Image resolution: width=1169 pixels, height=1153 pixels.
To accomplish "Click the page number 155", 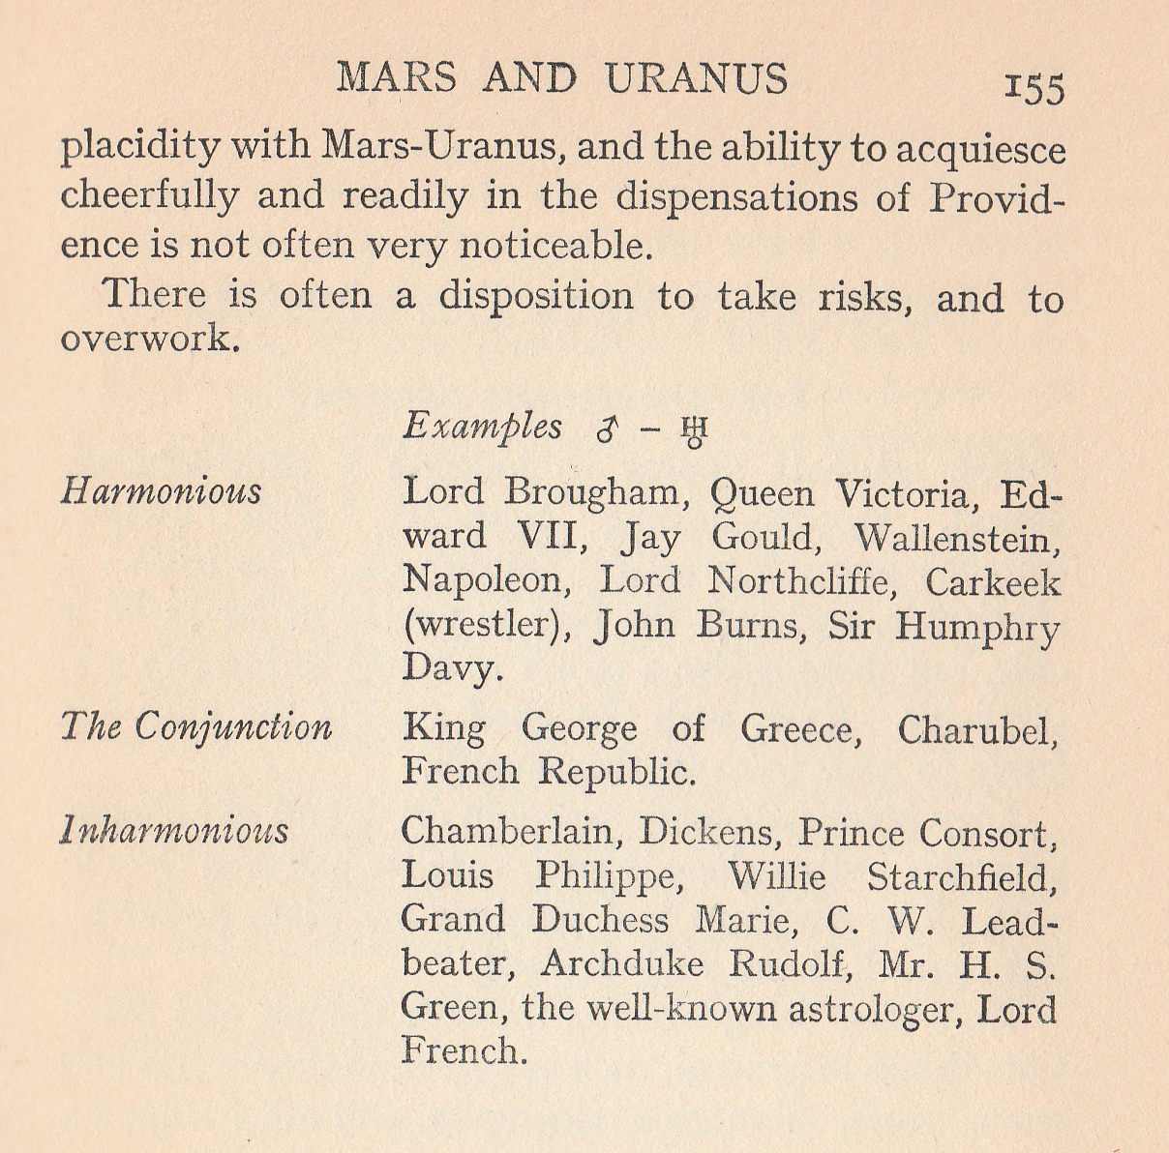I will pos(1035,88).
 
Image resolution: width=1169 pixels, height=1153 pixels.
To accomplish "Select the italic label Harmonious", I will pos(161,490).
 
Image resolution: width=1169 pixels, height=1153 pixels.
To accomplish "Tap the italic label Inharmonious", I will pos(174,831).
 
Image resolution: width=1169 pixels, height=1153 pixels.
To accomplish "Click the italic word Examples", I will pos(482,427).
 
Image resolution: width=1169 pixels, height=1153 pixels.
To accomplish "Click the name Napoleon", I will pos(481,580).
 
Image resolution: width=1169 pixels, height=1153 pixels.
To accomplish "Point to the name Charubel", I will pos(977,728).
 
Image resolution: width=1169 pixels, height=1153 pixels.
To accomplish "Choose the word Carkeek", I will pos(993,581).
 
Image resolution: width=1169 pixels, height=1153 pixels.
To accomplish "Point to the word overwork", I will pos(149,339).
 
